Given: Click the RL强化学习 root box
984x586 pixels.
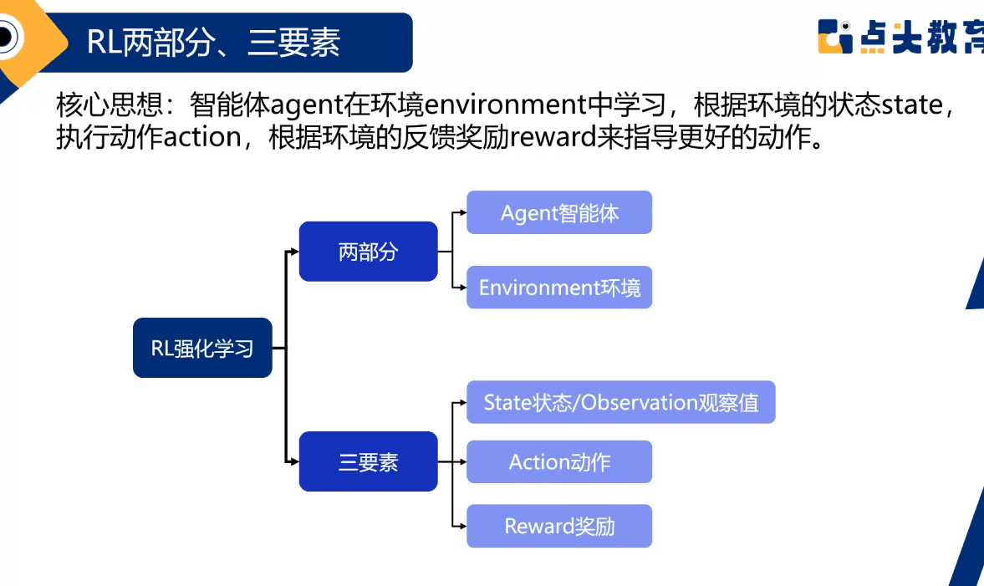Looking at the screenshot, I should pos(202,348).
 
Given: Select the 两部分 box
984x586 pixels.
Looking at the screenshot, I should pos(368,252).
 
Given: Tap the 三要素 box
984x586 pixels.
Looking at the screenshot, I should pos(368,461).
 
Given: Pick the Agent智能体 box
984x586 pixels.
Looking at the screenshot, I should pos(558,212).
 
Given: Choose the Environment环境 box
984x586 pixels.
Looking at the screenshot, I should pos(558,288).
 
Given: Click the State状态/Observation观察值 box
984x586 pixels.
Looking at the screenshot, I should pos(620,402).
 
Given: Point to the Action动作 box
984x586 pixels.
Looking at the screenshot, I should pos(558,461).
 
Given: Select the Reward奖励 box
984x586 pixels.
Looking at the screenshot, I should pos(558,526).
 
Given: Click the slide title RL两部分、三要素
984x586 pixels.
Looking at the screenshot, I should pos(213,43).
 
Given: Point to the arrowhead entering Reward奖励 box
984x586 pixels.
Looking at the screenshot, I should pos(461,526).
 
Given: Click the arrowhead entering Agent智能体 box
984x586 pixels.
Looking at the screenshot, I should pos(461,212).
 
